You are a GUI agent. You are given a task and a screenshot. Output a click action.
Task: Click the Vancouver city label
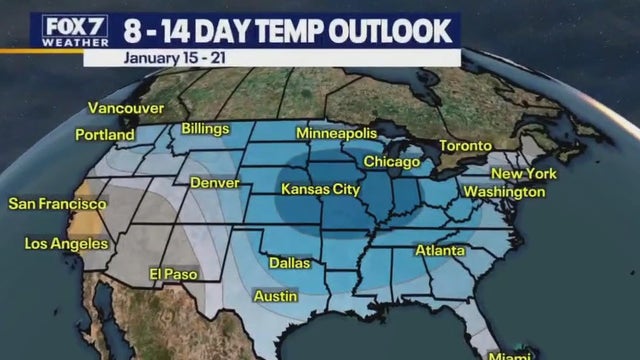[x=125, y=108]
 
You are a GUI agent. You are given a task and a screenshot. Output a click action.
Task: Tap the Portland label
[x=105, y=134]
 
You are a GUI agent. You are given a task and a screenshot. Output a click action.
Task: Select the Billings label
[x=205, y=129]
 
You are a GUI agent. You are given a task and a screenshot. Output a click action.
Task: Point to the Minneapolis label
[x=336, y=134]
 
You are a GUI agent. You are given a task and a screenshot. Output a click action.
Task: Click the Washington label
[x=504, y=192]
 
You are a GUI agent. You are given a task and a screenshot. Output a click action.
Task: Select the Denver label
[x=214, y=184]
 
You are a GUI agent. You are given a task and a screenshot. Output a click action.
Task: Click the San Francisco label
[x=52, y=204]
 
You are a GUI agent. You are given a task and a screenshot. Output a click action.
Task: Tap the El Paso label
[x=174, y=274]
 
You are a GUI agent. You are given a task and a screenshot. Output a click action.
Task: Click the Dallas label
[x=289, y=263]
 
